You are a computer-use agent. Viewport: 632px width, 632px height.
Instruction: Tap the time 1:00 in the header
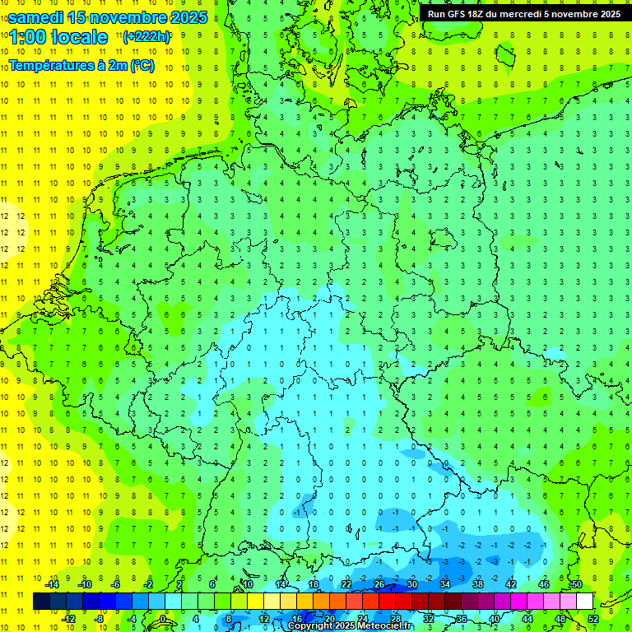[x=26, y=37]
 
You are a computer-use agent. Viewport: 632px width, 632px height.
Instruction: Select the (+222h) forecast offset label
[x=146, y=36]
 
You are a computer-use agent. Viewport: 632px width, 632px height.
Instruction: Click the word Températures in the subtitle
[x=51, y=65]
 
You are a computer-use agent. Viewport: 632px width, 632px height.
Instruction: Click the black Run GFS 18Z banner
[x=524, y=13]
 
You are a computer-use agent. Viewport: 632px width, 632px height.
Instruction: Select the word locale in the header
[x=79, y=37]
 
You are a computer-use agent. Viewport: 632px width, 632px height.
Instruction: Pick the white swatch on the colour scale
[x=584, y=602]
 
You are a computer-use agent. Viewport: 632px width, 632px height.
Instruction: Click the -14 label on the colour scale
[x=51, y=584]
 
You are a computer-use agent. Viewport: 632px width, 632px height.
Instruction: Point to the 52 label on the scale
[x=593, y=619]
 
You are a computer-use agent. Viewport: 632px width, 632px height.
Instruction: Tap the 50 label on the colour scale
[x=576, y=584]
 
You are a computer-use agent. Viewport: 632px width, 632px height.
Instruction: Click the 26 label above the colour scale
[x=379, y=584]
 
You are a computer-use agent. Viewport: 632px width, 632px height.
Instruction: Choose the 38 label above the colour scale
[x=478, y=584]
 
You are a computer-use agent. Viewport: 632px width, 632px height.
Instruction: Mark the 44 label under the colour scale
[x=527, y=619]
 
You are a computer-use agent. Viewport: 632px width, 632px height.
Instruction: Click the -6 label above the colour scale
[x=116, y=584]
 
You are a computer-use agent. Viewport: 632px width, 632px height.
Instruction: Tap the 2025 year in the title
[x=189, y=17]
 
